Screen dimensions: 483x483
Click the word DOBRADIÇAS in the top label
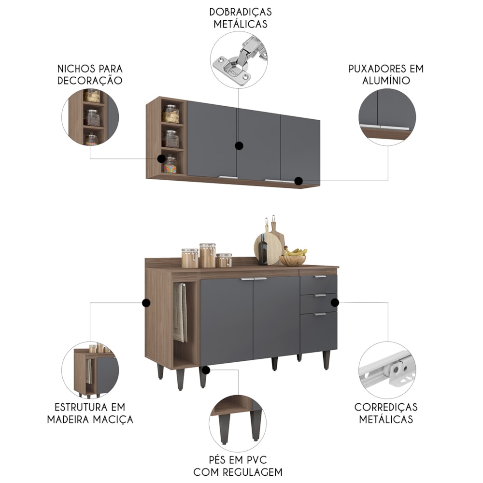(x=240, y=12)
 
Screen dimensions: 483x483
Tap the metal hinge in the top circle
(x=240, y=60)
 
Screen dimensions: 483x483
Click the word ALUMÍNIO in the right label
(x=386, y=81)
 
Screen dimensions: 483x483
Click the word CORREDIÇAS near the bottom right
(x=386, y=407)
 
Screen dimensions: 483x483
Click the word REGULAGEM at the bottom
(x=252, y=472)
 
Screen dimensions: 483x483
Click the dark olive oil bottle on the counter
(x=263, y=250)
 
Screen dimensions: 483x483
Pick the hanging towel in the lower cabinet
(x=180, y=313)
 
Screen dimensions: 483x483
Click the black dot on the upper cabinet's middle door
(x=239, y=146)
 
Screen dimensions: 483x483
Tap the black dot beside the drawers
(x=335, y=303)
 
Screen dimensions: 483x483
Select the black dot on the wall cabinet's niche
(x=161, y=158)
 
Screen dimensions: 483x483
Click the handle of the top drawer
(x=320, y=277)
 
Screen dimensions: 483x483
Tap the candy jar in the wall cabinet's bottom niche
(x=170, y=165)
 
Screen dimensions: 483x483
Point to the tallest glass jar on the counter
(x=208, y=256)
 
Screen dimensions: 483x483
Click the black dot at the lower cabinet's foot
(x=206, y=370)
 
